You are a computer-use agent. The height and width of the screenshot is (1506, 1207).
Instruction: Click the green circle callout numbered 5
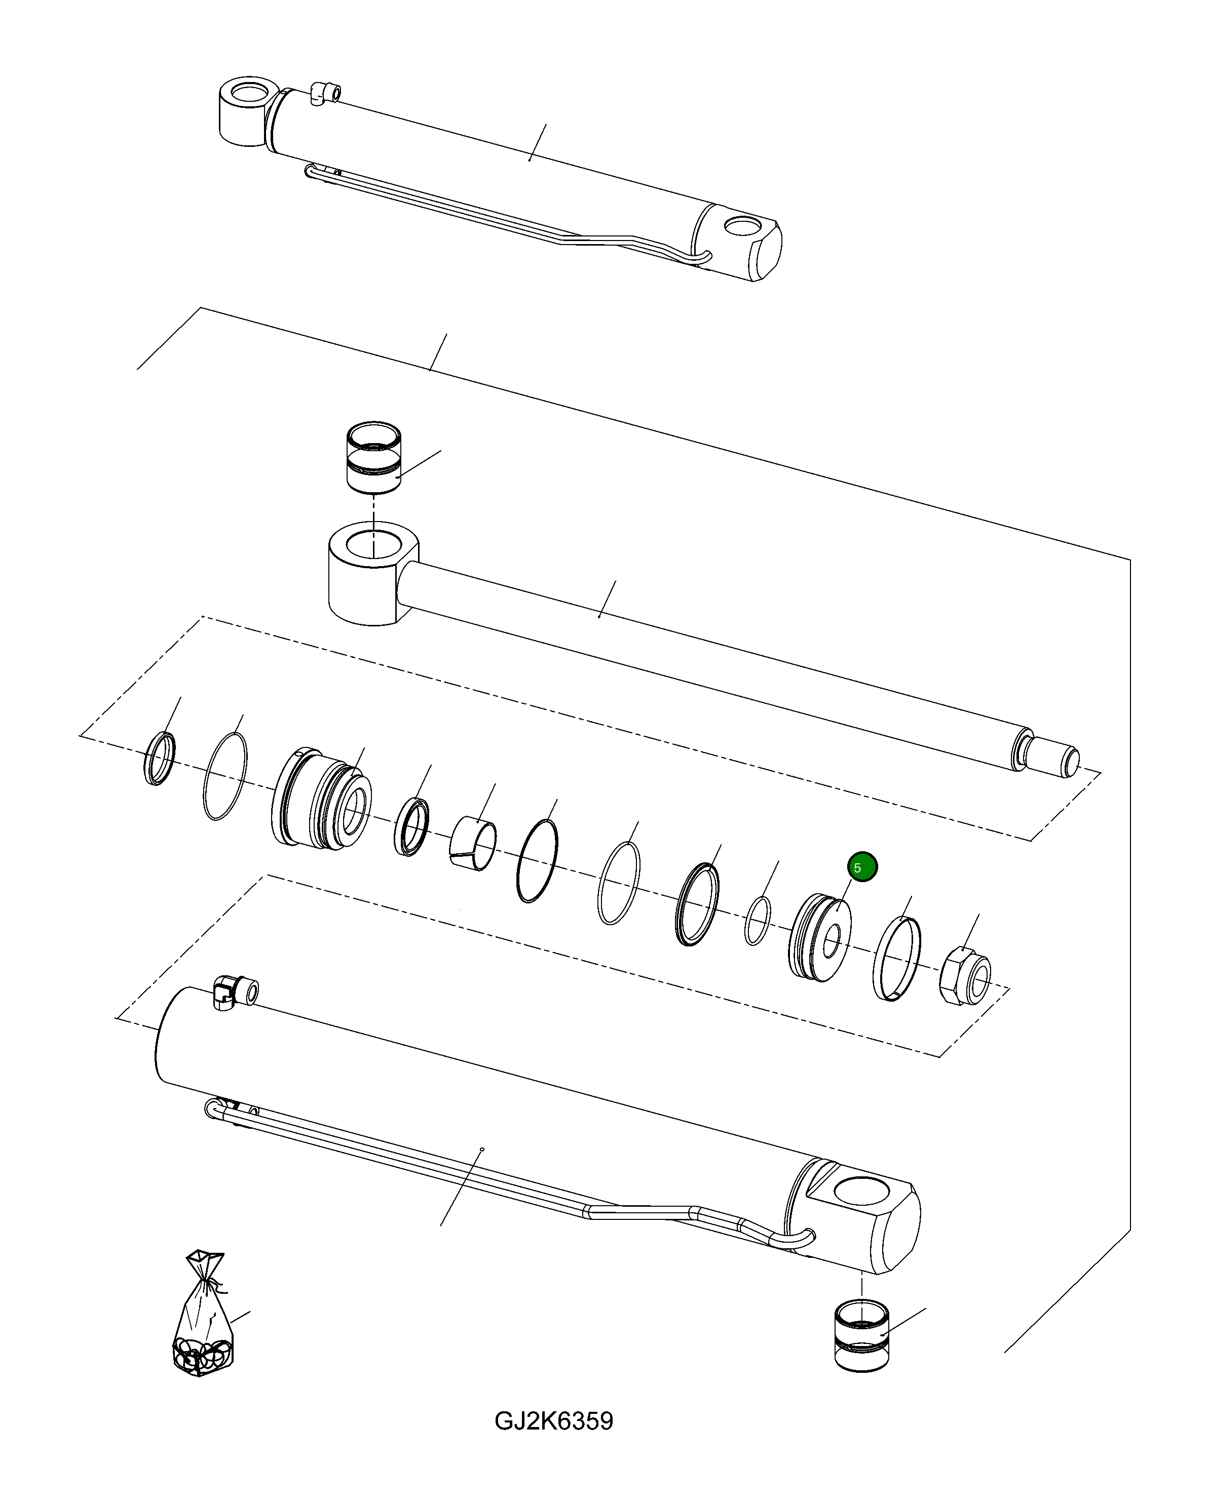coord(862,867)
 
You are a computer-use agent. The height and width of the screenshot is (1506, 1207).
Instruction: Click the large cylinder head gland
coord(320,799)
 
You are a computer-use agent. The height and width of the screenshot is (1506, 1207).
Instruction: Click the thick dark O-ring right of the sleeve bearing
coord(537,860)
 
